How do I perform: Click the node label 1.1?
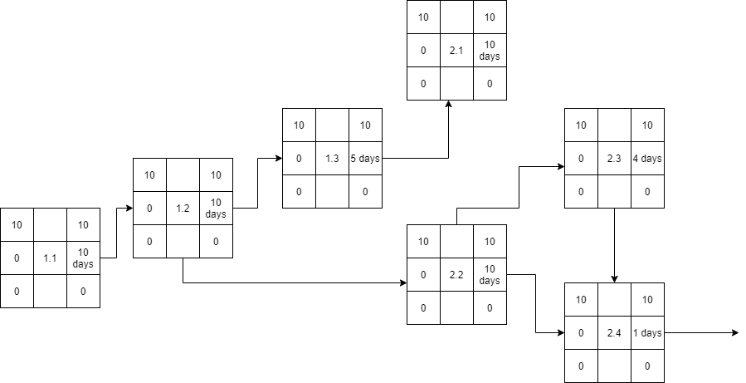50,258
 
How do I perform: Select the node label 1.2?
183,208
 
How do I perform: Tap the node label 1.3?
332,159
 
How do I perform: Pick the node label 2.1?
456,51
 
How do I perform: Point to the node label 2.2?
456,275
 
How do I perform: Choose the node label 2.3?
614,159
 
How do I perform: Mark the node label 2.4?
614,333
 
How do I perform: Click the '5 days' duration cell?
365,159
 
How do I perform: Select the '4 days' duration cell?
647,159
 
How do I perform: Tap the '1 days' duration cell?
647,333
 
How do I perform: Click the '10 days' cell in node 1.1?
83,258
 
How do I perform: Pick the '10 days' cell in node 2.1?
490,51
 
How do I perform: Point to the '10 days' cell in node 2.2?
490,275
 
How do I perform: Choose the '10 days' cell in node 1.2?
216,208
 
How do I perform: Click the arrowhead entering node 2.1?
448,105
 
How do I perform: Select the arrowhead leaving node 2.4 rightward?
734,333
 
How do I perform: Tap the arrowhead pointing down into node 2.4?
614,279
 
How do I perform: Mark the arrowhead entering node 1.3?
278,159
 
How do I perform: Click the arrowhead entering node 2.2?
402,283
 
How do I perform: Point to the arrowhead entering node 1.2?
129,208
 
